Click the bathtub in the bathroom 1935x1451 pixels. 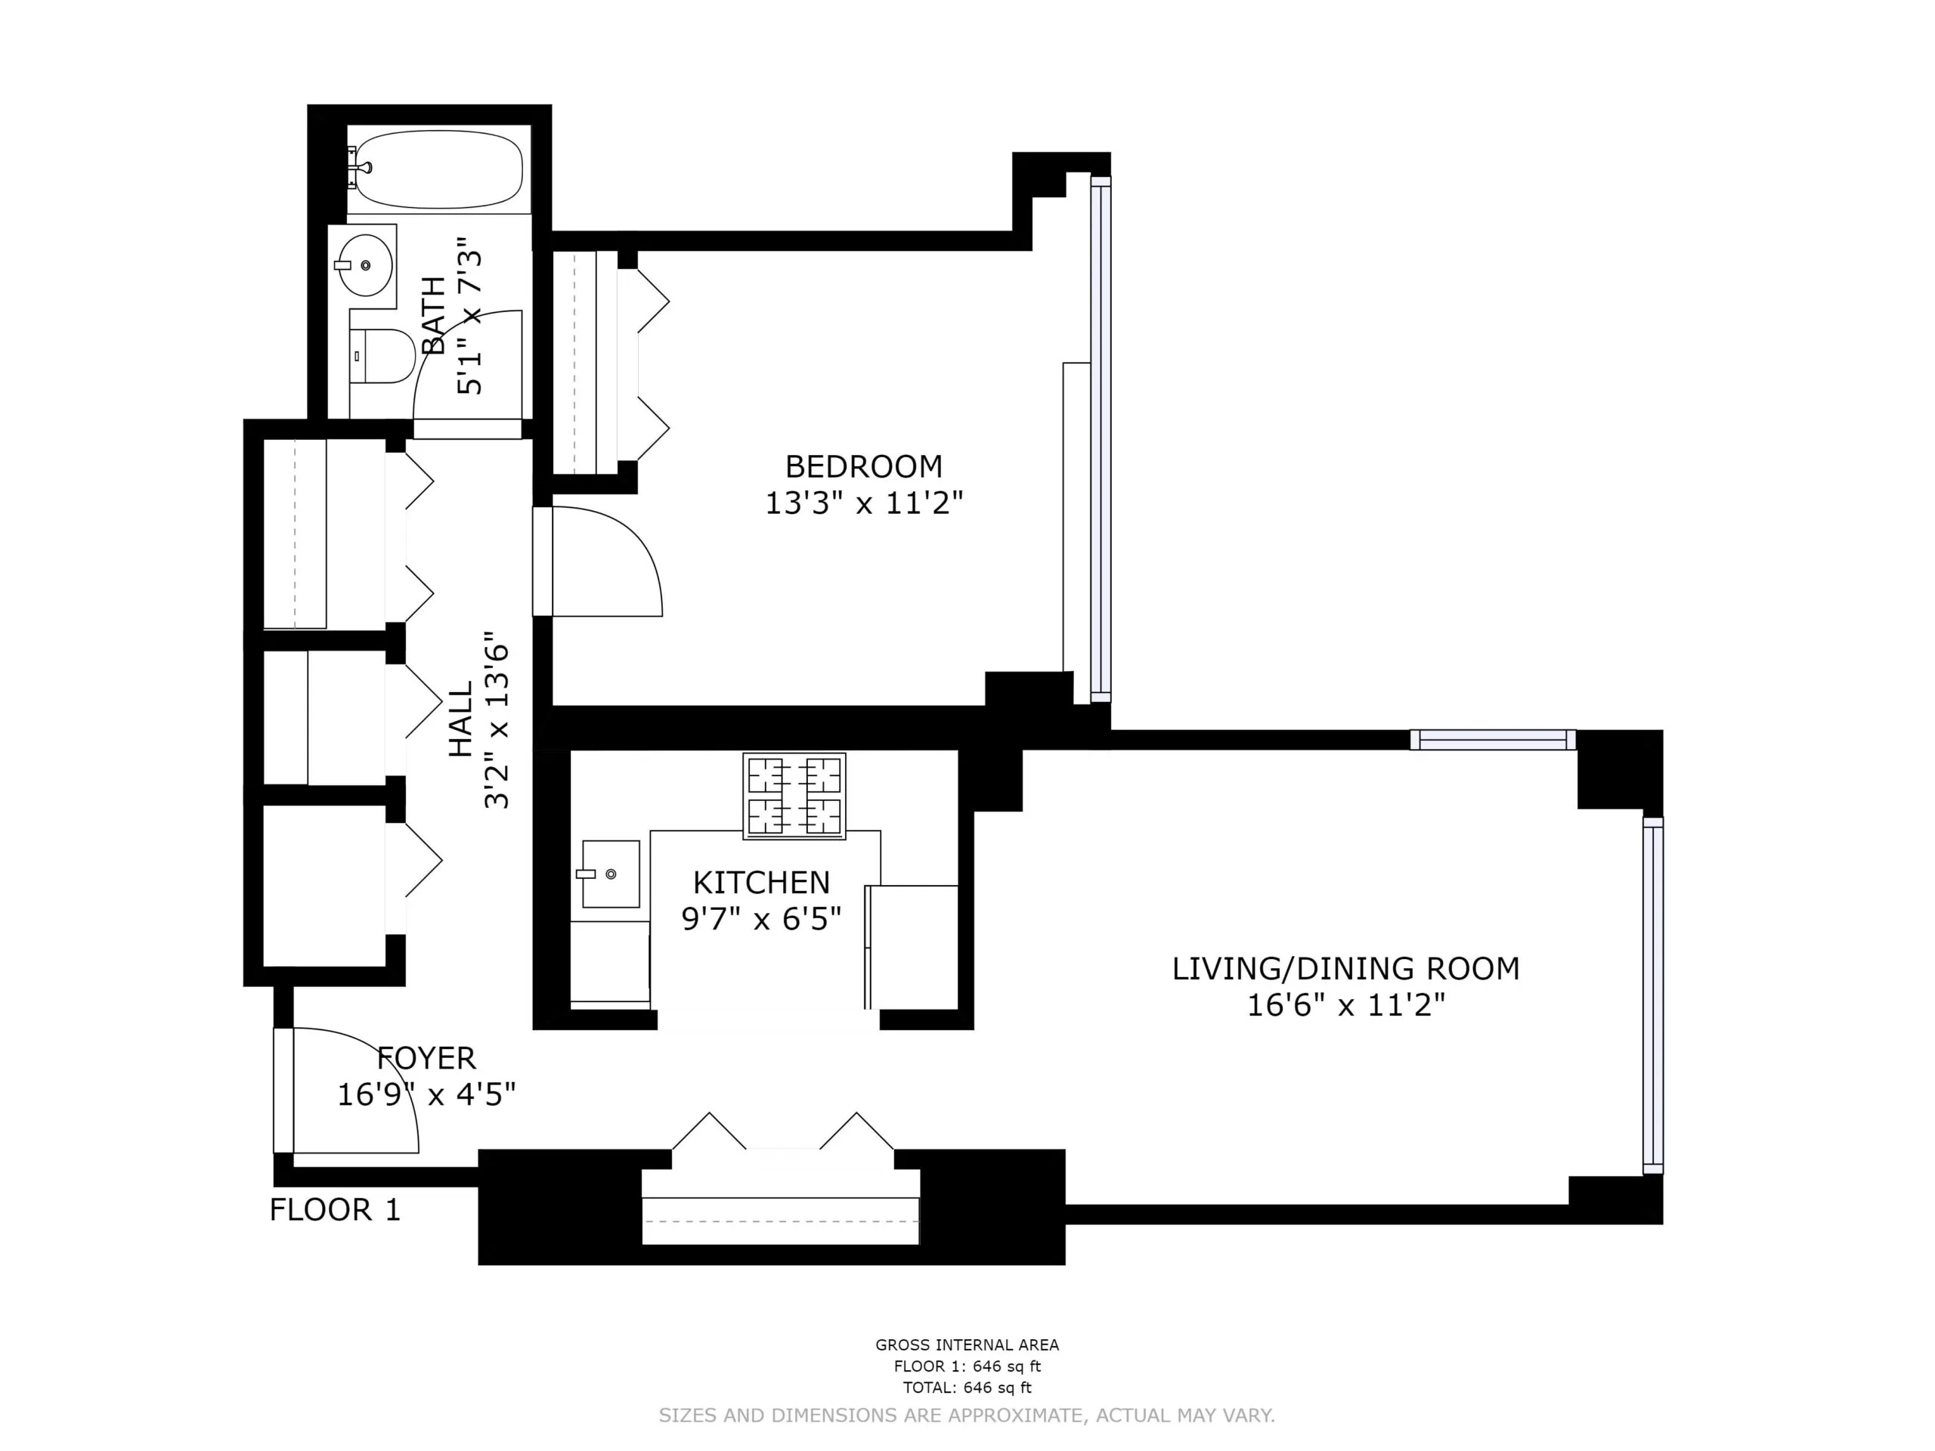point(439,170)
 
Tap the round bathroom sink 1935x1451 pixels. point(364,265)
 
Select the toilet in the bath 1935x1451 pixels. point(384,355)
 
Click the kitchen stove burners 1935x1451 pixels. point(794,796)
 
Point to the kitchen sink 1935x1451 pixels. point(611,874)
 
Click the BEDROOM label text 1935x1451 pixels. point(863,466)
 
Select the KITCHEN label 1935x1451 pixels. point(761,882)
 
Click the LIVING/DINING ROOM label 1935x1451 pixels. point(1345,968)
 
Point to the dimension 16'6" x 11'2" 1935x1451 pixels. point(1345,1005)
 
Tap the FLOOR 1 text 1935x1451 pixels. point(335,1210)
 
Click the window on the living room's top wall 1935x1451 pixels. point(1492,740)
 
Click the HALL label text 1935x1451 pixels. point(461,719)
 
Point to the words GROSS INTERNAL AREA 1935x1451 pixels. point(967,1344)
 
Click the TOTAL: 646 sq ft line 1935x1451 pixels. point(967,1388)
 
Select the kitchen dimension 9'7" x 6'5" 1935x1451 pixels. point(761,918)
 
